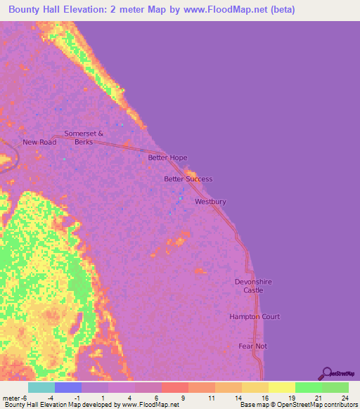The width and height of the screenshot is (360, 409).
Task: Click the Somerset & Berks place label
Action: [x=84, y=137]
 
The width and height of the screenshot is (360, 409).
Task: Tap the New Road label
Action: [x=39, y=142]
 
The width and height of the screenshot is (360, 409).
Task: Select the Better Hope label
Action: [x=167, y=158]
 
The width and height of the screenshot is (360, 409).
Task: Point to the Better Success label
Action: [x=188, y=179]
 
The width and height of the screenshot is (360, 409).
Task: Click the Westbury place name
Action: [x=210, y=202]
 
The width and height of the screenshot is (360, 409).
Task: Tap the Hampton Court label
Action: [x=255, y=317]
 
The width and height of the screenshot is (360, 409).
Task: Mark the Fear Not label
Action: [x=252, y=346]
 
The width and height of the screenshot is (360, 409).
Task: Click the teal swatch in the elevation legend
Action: [x=41, y=387]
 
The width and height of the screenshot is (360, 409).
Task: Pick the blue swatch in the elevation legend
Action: [x=68, y=387]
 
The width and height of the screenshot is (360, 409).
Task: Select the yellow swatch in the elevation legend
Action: [x=281, y=387]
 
